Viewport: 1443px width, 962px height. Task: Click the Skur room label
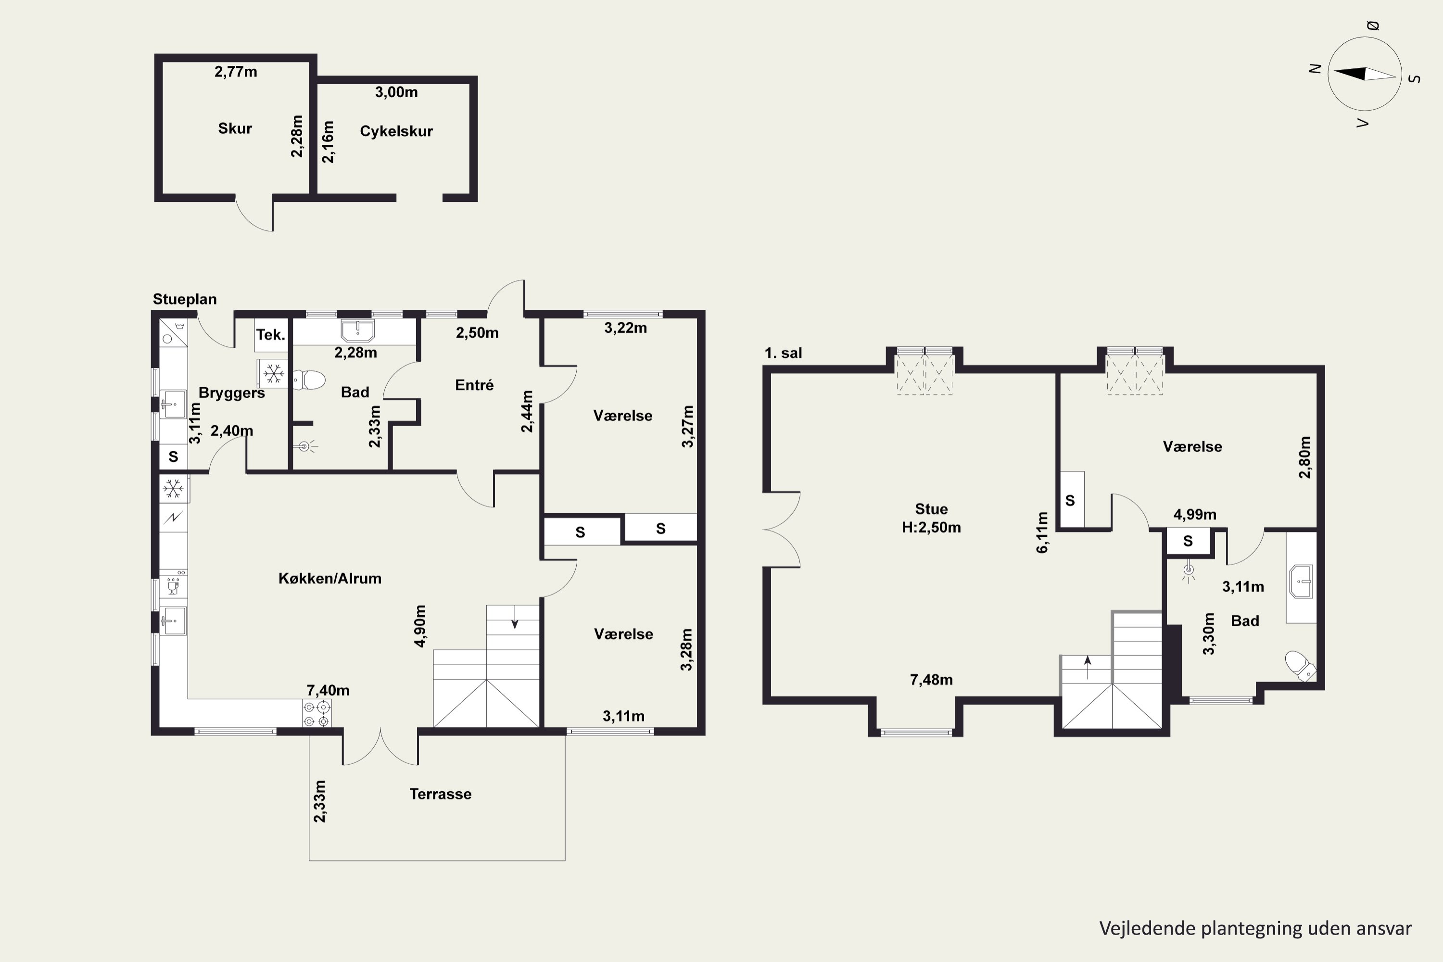tap(235, 128)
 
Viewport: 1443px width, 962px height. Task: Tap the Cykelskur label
tap(396, 131)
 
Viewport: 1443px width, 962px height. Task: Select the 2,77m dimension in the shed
tap(236, 72)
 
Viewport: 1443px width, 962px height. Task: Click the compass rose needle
tap(1365, 74)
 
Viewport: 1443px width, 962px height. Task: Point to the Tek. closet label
tap(270, 334)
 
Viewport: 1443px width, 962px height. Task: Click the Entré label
tap(474, 385)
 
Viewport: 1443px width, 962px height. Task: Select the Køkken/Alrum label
tap(330, 578)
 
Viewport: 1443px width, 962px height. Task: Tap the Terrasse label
tap(441, 794)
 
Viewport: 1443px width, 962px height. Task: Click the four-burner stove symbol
tap(316, 713)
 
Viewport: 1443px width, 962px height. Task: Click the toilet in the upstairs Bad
tap(1300, 666)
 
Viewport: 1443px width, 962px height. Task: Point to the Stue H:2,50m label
tap(931, 519)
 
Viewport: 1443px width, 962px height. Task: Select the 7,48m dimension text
tap(931, 680)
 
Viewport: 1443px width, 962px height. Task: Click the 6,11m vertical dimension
tap(1042, 532)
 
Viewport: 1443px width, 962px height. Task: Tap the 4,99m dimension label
tap(1194, 515)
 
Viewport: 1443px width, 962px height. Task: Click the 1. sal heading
tap(784, 353)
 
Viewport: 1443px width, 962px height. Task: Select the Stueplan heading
tap(185, 299)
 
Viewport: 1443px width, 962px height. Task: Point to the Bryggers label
tap(232, 392)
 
